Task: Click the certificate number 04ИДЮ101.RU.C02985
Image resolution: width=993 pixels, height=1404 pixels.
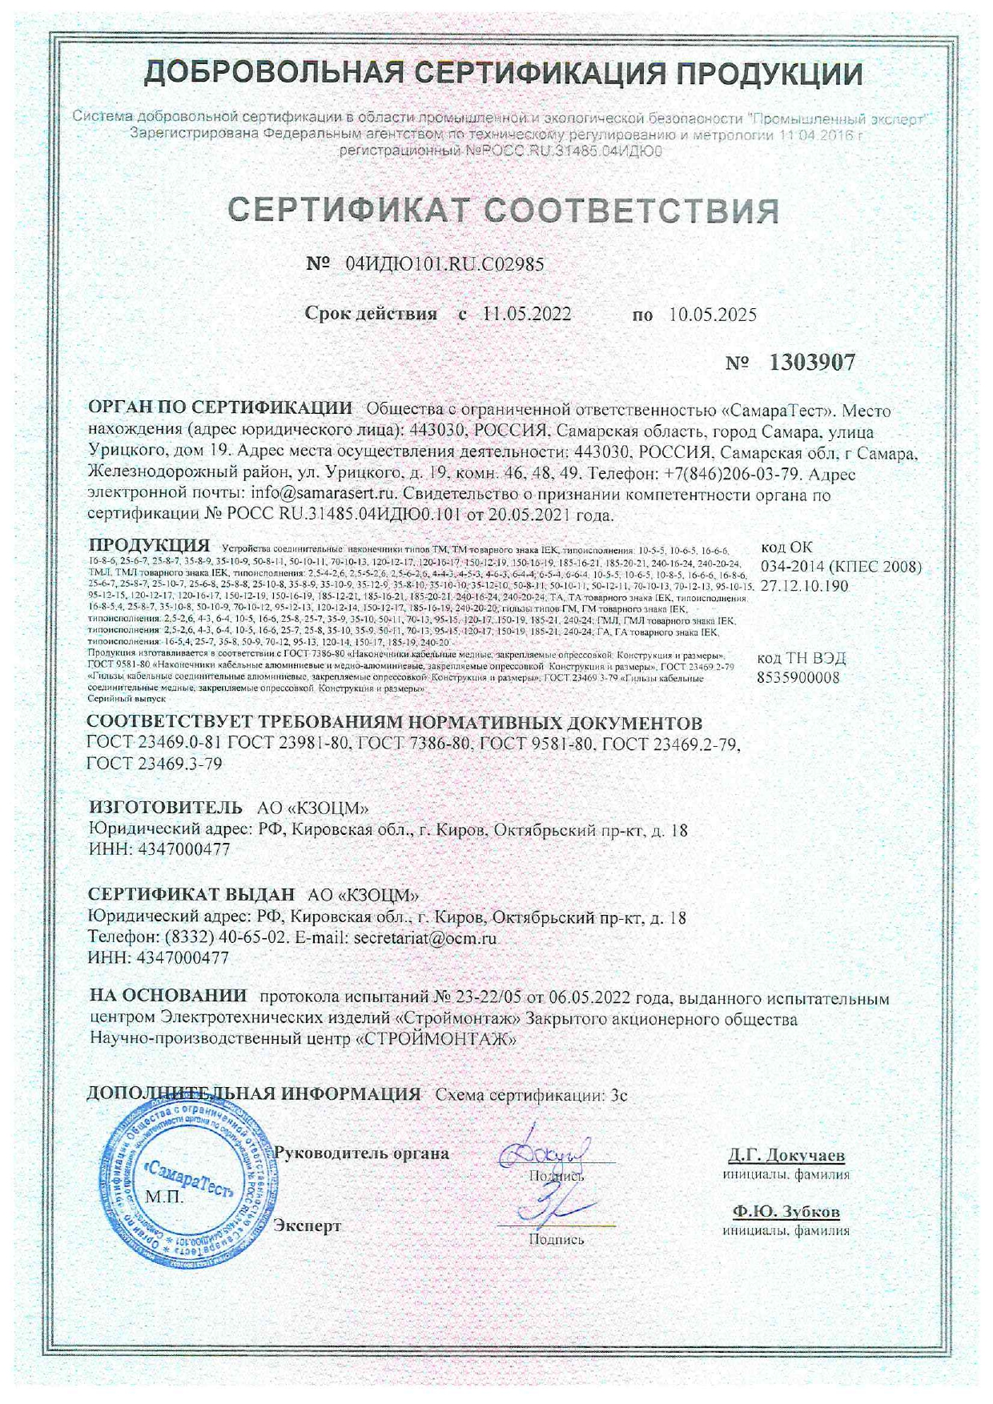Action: click(x=444, y=264)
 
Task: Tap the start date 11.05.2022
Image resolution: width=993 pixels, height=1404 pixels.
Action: click(x=526, y=314)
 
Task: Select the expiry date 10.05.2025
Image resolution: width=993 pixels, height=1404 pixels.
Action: click(x=713, y=315)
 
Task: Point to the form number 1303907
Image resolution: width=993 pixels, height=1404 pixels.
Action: click(x=812, y=363)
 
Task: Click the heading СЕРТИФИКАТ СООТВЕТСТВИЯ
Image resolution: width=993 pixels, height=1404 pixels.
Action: click(x=504, y=211)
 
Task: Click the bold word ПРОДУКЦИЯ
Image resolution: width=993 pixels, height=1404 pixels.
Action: click(x=149, y=546)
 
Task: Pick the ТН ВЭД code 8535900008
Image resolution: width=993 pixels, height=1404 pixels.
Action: click(x=798, y=677)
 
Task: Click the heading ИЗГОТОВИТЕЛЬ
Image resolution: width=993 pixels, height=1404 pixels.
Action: click(x=166, y=807)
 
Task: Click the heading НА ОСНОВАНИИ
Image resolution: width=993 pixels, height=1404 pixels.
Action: click(x=168, y=997)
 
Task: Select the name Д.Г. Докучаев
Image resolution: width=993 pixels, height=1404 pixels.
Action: click(x=786, y=1156)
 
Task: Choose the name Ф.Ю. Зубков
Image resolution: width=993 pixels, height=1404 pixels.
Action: click(x=786, y=1211)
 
